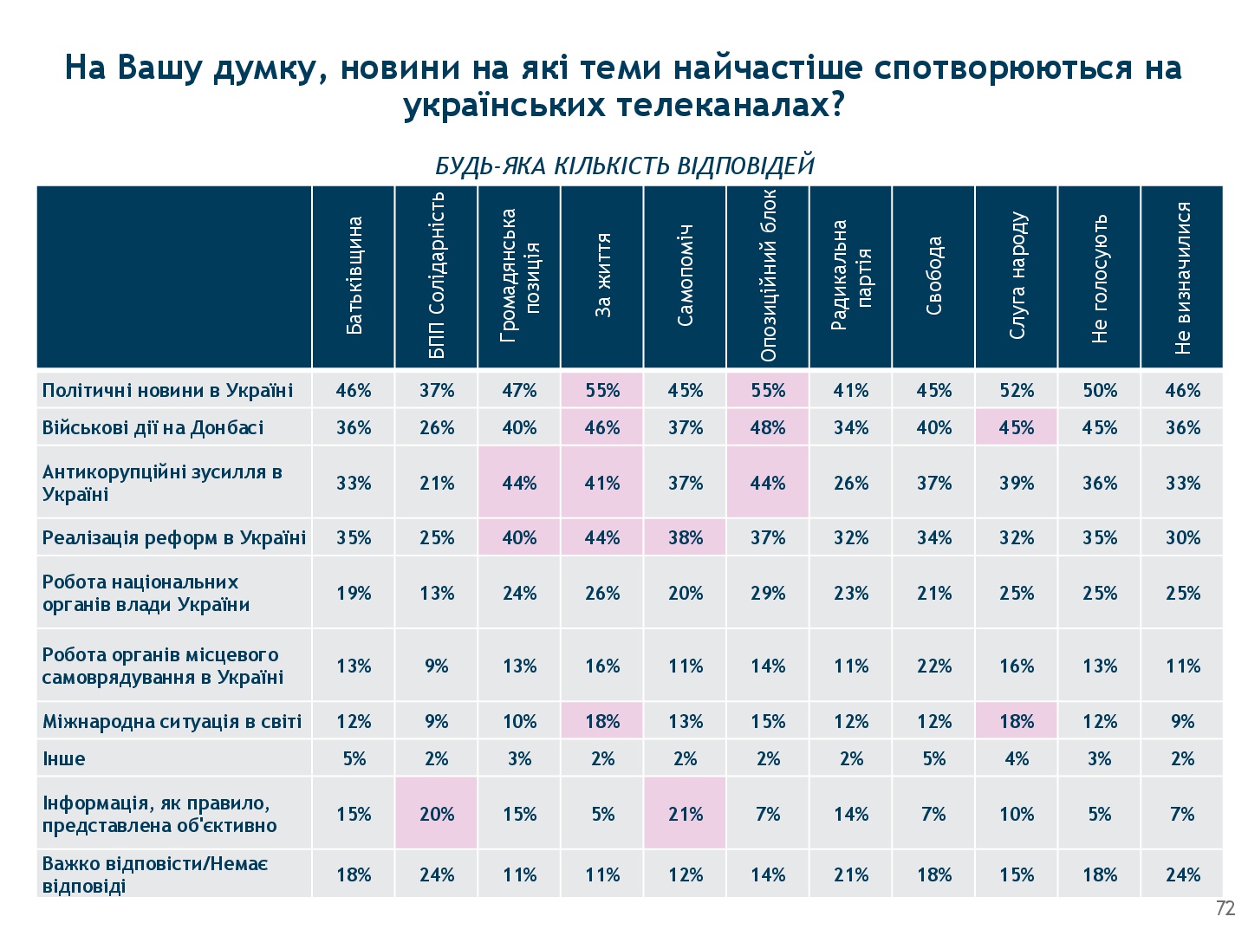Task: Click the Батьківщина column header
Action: pyautogui.click(x=354, y=276)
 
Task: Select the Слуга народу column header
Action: pyautogui.click(x=1017, y=276)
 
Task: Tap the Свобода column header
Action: pyautogui.click(x=933, y=276)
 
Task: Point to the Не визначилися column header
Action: pyautogui.click(x=1183, y=276)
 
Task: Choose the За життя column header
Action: pyautogui.click(x=602, y=276)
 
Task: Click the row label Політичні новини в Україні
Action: pyautogui.click(x=167, y=390)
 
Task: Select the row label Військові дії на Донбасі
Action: pyautogui.click(x=153, y=427)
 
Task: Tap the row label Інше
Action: pyautogui.click(x=64, y=759)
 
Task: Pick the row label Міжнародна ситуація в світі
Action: pyautogui.click(x=172, y=721)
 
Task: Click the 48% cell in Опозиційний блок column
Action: pyautogui.click(x=768, y=427)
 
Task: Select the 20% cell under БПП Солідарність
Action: pyautogui.click(x=437, y=814)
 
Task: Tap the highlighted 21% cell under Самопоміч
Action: pyautogui.click(x=685, y=814)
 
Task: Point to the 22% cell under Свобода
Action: pyautogui.click(x=933, y=666)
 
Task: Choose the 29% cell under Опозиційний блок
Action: pyautogui.click(x=768, y=593)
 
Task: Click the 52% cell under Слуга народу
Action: pyautogui.click(x=1017, y=390)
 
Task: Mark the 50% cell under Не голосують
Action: pyautogui.click(x=1099, y=390)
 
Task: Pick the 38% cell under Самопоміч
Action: pyautogui.click(x=685, y=537)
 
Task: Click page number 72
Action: pyautogui.click(x=1225, y=908)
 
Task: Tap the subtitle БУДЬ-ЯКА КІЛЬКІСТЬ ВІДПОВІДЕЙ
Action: pyautogui.click(x=624, y=166)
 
